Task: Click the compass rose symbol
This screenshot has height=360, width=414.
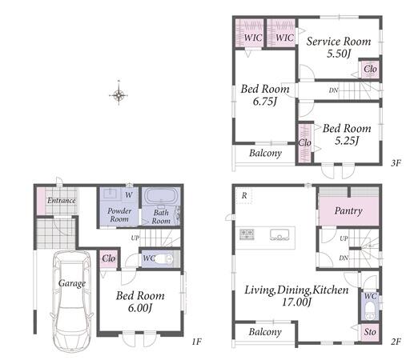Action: pos(119,94)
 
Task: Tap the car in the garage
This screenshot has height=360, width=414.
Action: pos(72,302)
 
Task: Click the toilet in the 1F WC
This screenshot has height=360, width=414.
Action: pos(164,258)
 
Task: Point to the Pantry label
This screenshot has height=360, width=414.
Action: pos(348,211)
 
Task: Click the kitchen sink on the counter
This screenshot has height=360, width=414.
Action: pos(279,235)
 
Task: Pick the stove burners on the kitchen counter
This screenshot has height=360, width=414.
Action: pos(247,234)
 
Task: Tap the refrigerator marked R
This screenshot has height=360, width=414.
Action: pos(244,195)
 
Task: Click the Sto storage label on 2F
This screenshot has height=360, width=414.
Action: pos(370,332)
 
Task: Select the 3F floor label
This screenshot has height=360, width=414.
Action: pos(396,162)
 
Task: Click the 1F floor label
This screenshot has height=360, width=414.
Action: pos(196,342)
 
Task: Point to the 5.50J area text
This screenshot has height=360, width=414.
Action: pos(339,54)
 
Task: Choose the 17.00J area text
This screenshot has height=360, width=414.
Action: pos(296,302)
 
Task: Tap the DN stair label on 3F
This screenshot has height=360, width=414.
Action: pos(333,90)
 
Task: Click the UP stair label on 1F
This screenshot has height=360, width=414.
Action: pos(135,238)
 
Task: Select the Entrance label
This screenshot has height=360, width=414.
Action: pos(62,201)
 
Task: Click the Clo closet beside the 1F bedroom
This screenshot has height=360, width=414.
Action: pos(109,258)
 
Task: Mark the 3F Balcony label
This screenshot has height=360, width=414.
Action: pos(265,154)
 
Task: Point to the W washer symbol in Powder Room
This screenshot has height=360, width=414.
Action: pos(129,195)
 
